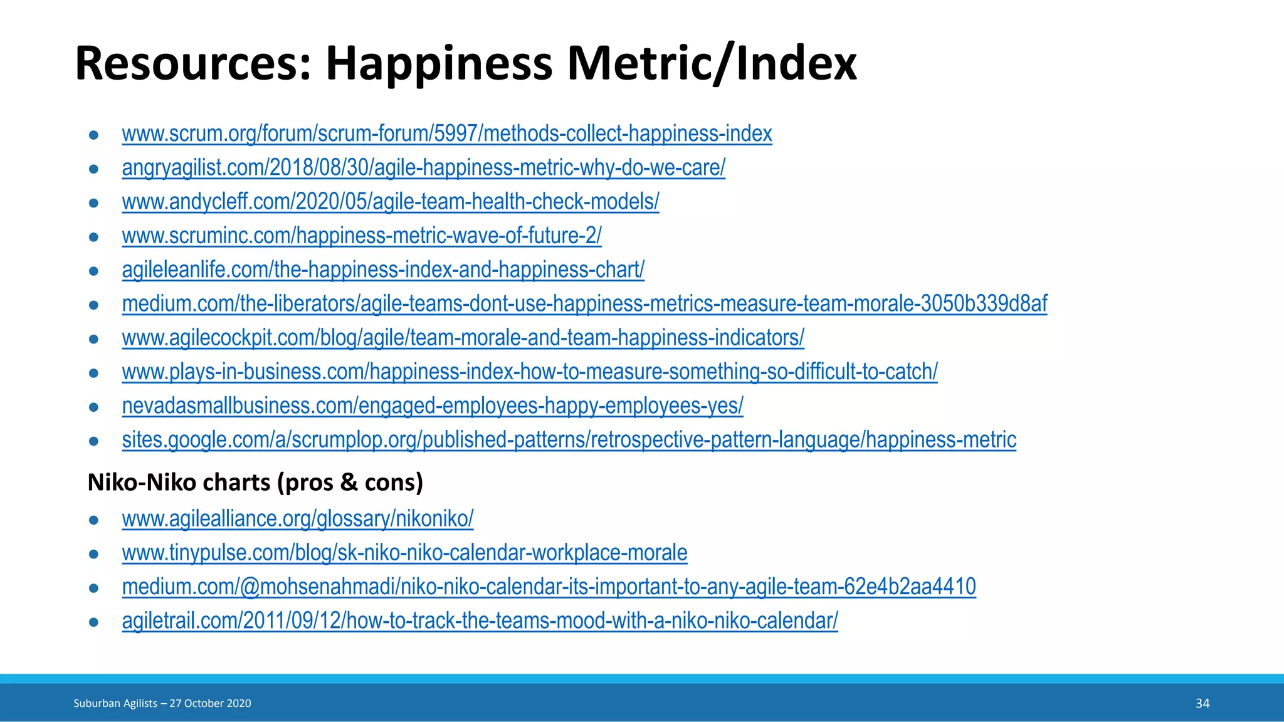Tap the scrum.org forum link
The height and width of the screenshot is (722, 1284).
point(446,133)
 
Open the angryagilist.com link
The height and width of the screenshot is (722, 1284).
point(423,167)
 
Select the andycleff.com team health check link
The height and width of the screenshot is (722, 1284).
point(390,202)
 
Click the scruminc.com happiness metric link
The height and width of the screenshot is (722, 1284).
point(361,236)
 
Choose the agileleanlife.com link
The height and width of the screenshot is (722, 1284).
point(382,269)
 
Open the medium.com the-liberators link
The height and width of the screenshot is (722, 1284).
point(584,303)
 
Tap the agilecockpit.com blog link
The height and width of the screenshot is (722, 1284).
point(463,338)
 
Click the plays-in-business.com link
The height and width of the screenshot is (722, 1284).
point(529,372)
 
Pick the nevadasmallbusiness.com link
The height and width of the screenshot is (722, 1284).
point(432,405)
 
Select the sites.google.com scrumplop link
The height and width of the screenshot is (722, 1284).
point(569,440)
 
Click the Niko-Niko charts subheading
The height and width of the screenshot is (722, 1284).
point(255,482)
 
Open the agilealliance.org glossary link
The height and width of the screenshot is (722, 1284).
point(297,519)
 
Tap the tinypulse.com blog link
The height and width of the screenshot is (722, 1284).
point(404,553)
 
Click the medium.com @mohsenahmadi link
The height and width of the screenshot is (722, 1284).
point(549,587)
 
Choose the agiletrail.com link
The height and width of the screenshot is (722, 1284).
point(480,620)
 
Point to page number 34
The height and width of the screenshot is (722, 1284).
point(1202,703)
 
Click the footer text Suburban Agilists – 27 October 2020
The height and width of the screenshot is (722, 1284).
point(162,703)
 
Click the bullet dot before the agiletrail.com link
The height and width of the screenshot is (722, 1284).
point(94,622)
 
